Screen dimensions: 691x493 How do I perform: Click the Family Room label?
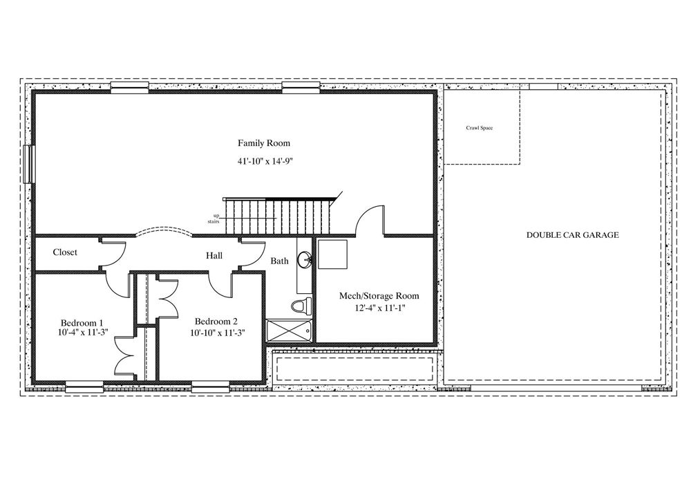pyautogui.click(x=264, y=143)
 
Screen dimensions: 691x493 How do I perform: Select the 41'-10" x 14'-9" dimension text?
pyautogui.click(x=265, y=161)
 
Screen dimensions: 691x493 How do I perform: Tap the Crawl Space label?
pyautogui.click(x=480, y=128)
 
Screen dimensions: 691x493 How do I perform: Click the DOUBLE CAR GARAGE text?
pyautogui.click(x=572, y=235)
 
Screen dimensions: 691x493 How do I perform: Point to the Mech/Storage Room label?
pyautogui.click(x=379, y=296)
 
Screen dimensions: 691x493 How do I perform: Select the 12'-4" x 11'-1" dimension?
pyautogui.click(x=380, y=308)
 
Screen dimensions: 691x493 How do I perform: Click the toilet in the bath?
pyautogui.click(x=301, y=305)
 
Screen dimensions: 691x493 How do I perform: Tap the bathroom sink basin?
pyautogui.click(x=304, y=259)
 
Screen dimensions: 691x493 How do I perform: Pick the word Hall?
pyautogui.click(x=214, y=255)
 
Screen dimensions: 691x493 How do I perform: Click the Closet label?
pyautogui.click(x=65, y=252)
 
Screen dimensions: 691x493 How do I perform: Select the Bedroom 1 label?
pyautogui.click(x=82, y=322)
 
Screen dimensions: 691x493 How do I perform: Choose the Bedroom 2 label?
pyautogui.click(x=216, y=321)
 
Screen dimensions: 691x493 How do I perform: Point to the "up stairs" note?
pyautogui.click(x=214, y=218)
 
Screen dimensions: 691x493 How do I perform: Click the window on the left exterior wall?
pyautogui.click(x=30, y=164)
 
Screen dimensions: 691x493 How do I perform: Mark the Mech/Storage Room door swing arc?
pyautogui.click(x=367, y=214)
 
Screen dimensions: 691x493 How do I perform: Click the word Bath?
pyautogui.click(x=279, y=261)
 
